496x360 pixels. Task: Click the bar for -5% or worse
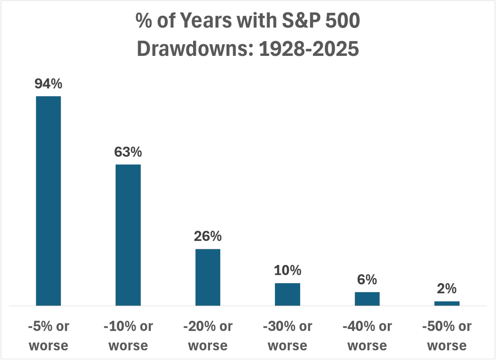click(48, 201)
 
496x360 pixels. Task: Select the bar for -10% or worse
click(128, 235)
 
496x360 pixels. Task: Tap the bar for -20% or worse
click(208, 277)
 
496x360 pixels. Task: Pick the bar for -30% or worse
click(287, 294)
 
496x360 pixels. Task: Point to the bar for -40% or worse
click(367, 299)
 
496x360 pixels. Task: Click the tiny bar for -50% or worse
click(447, 303)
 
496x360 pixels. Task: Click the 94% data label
click(48, 84)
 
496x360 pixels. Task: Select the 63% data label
click(128, 152)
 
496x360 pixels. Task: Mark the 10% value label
click(287, 271)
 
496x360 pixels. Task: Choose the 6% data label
click(367, 280)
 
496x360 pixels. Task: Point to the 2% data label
click(447, 289)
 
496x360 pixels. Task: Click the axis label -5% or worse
click(48, 335)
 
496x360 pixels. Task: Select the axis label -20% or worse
click(208, 335)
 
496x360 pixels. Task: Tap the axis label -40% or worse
click(367, 335)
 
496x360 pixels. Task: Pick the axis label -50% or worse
click(447, 335)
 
